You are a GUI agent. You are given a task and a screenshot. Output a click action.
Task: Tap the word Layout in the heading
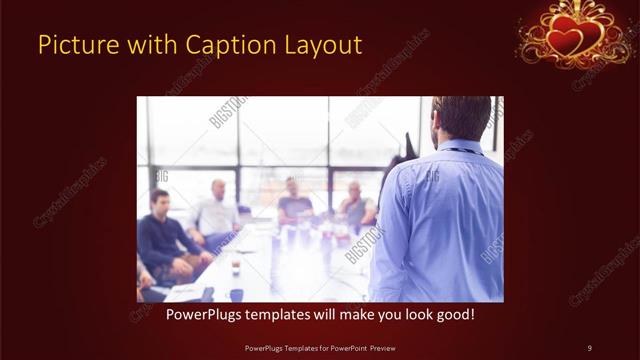pyautogui.click(x=326, y=45)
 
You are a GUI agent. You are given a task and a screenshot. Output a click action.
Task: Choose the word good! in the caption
pyautogui.click(x=453, y=314)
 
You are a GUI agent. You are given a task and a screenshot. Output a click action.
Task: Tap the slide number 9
pyautogui.click(x=589, y=347)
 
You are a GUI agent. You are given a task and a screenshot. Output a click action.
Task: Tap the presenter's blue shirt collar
pyautogui.click(x=460, y=149)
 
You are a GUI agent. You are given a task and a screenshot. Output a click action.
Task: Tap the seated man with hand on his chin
pyautogui.click(x=356, y=204)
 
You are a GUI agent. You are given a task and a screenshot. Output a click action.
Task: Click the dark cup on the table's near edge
pyautogui.click(x=236, y=294)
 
